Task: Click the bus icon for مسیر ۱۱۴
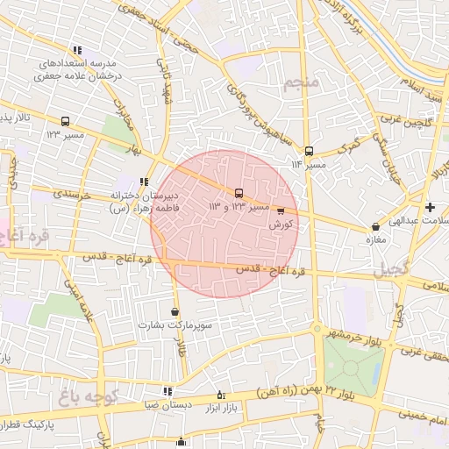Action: tap(309, 151)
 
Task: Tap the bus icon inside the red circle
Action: tap(239, 193)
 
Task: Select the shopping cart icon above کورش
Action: tap(281, 210)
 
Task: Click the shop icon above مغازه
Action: tap(375, 226)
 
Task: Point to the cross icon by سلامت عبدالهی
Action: tap(430, 208)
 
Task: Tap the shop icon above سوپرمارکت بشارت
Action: tap(175, 311)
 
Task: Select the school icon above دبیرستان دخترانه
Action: tap(144, 182)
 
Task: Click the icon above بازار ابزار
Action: tap(220, 396)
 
